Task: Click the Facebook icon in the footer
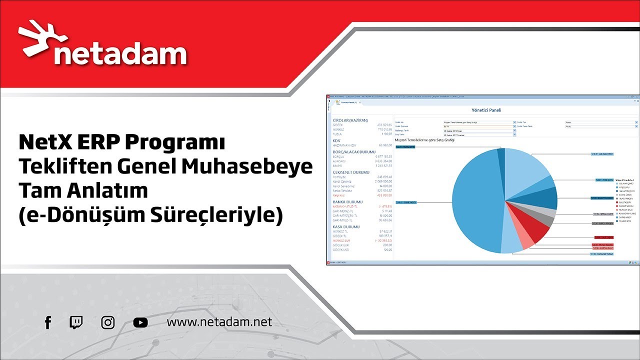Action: [x=48, y=322]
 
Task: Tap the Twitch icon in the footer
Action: [x=76, y=322]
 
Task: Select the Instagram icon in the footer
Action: [x=108, y=322]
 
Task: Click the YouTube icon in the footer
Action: [x=140, y=322]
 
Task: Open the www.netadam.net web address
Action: [x=219, y=322]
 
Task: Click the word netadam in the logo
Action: [x=120, y=55]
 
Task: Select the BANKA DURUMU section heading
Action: [x=347, y=202]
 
